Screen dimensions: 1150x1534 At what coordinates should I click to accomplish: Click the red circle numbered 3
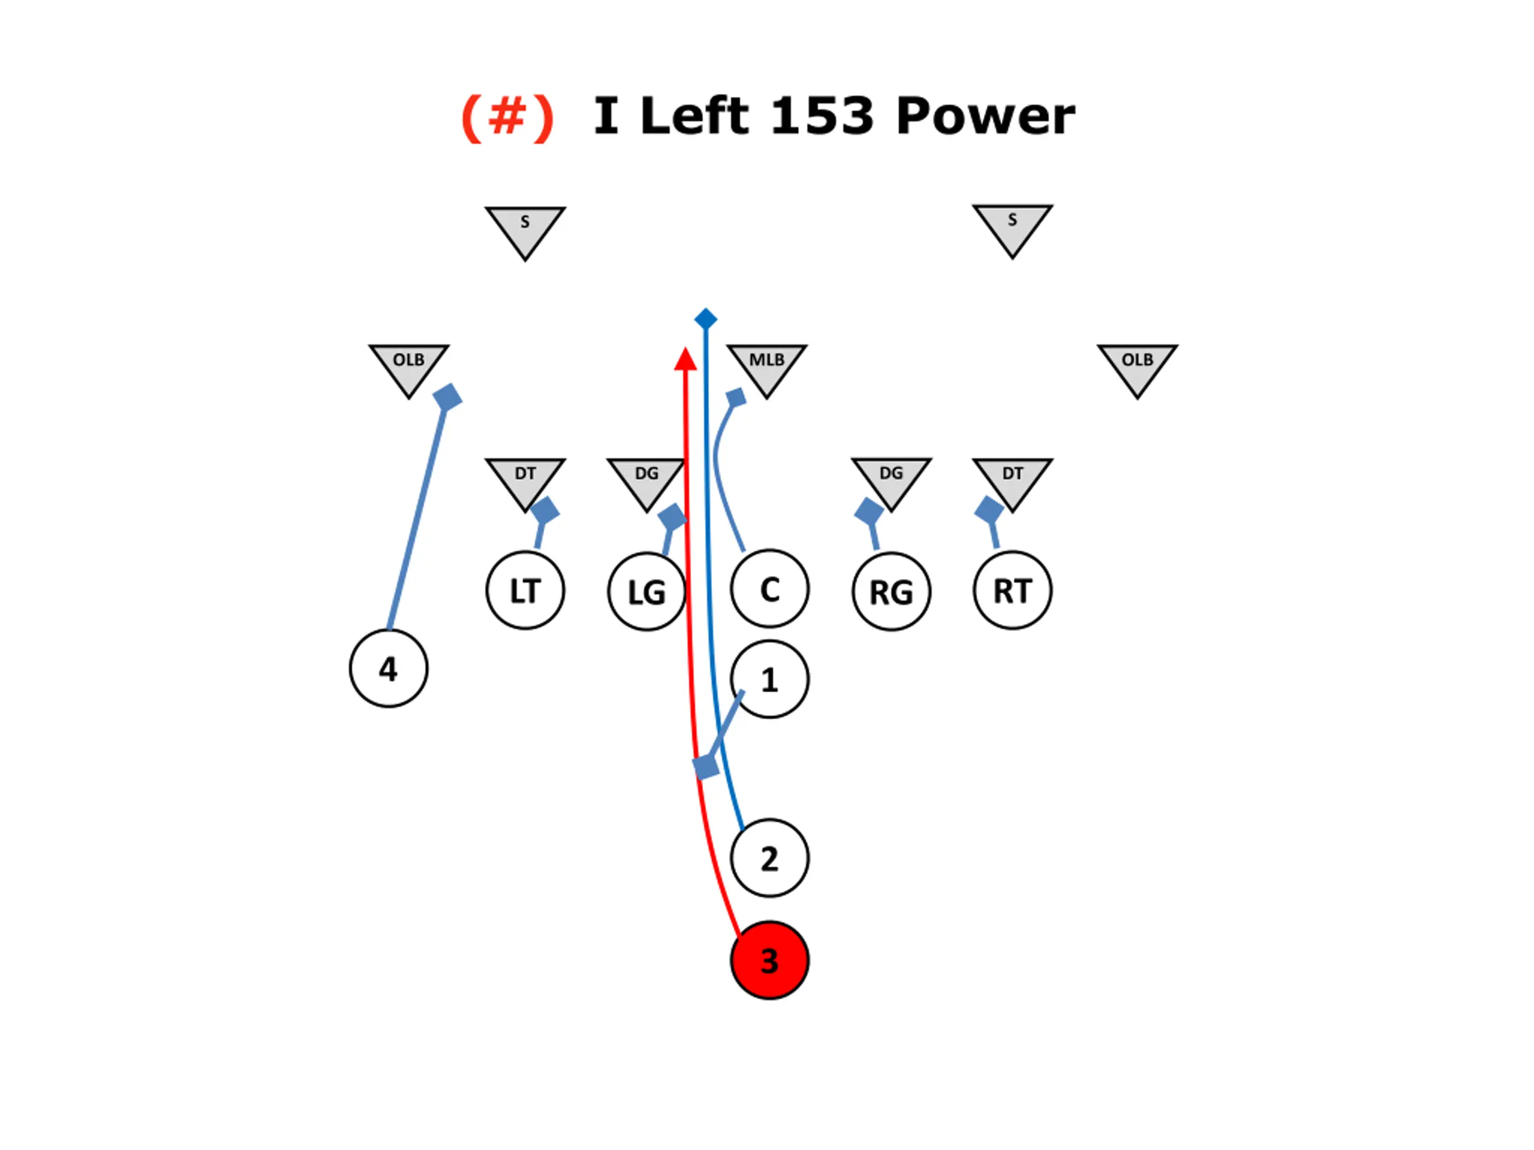click(x=769, y=960)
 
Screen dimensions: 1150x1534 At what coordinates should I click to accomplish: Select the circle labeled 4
click(x=388, y=668)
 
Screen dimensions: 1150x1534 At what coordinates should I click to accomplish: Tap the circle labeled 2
click(x=769, y=858)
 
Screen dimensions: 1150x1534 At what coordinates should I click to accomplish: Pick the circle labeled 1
click(x=769, y=679)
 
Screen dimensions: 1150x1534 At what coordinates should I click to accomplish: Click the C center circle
click(x=769, y=589)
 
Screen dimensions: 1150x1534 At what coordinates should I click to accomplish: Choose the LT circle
click(x=525, y=591)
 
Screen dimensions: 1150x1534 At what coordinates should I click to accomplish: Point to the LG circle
click(x=647, y=592)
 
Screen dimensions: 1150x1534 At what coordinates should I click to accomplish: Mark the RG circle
click(x=891, y=592)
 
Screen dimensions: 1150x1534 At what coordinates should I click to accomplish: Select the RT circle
click(x=1013, y=591)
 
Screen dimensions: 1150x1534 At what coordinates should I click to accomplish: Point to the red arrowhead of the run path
click(x=685, y=359)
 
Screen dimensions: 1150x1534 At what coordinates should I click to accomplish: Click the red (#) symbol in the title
click(x=508, y=116)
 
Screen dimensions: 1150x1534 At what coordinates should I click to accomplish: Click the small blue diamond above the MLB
click(x=705, y=319)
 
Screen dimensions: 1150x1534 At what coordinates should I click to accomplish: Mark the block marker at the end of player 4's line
click(x=447, y=397)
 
